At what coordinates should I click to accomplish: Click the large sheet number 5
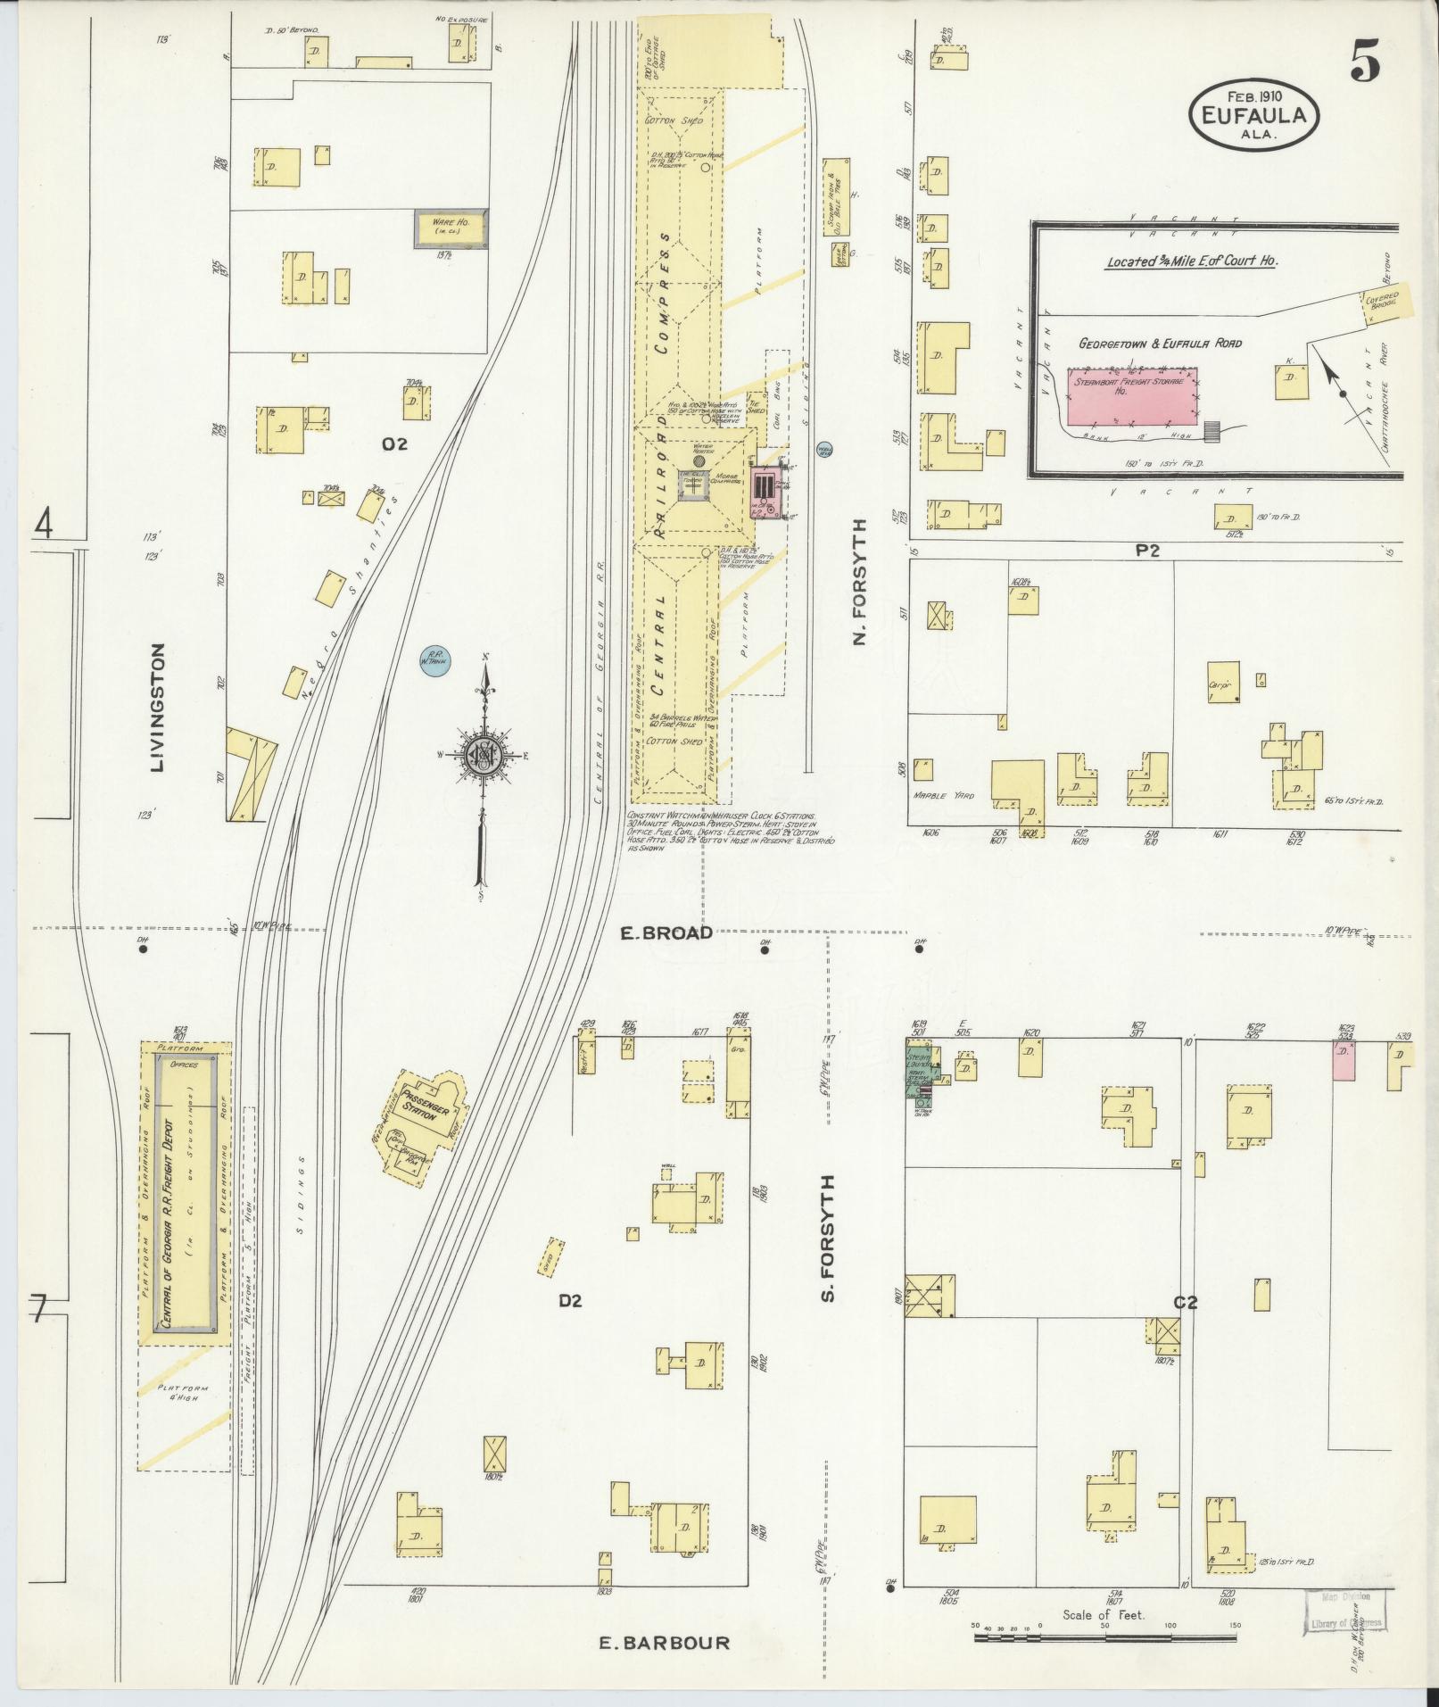[1364, 62]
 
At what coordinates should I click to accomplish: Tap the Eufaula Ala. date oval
[1253, 114]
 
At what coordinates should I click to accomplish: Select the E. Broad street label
[667, 933]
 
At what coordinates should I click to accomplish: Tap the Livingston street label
[160, 708]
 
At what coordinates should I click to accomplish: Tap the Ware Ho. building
[450, 228]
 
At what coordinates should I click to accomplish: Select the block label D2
[570, 1301]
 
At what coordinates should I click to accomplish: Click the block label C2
[1184, 1303]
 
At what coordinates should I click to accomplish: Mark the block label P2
[1146, 551]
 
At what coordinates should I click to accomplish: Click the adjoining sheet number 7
[37, 1310]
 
